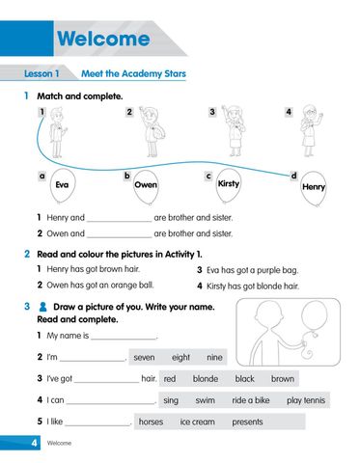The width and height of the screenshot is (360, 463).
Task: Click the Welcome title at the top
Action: pyautogui.click(x=103, y=40)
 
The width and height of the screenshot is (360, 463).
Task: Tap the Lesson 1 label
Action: pyautogui.click(x=42, y=73)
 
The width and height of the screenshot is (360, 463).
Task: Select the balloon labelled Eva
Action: pyautogui.click(x=62, y=185)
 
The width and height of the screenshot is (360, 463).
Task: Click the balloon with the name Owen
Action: pyautogui.click(x=146, y=185)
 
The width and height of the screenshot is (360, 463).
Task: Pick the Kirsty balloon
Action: pyautogui.click(x=229, y=183)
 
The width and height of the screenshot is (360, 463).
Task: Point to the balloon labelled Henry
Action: pyautogui.click(x=314, y=186)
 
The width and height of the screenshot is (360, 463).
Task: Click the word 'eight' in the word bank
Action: pyautogui.click(x=181, y=357)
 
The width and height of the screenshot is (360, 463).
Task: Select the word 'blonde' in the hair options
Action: pyautogui.click(x=206, y=379)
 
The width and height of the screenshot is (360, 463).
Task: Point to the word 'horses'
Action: pyautogui.click(x=151, y=422)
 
